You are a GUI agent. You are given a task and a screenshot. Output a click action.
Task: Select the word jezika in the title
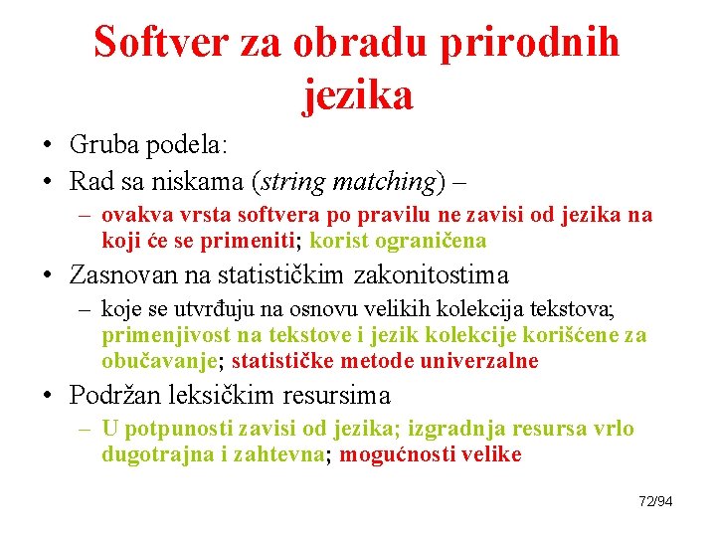(357, 94)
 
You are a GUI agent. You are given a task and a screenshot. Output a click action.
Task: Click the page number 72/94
(655, 501)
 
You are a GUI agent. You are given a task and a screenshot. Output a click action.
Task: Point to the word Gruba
(105, 144)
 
